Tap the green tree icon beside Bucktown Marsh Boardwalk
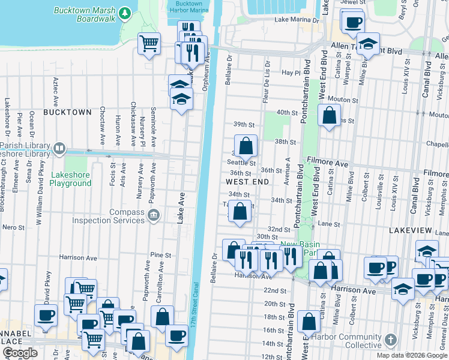(124, 13)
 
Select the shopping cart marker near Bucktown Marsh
(149, 43)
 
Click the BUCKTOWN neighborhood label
(67, 112)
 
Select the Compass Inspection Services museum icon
(153, 215)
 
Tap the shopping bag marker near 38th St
(246, 146)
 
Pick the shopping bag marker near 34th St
(240, 211)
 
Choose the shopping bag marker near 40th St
(329, 115)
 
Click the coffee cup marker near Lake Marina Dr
(352, 23)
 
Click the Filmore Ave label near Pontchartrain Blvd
(327, 163)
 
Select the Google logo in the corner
(20, 353)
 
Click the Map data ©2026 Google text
(412, 355)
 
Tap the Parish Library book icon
(59, 148)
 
